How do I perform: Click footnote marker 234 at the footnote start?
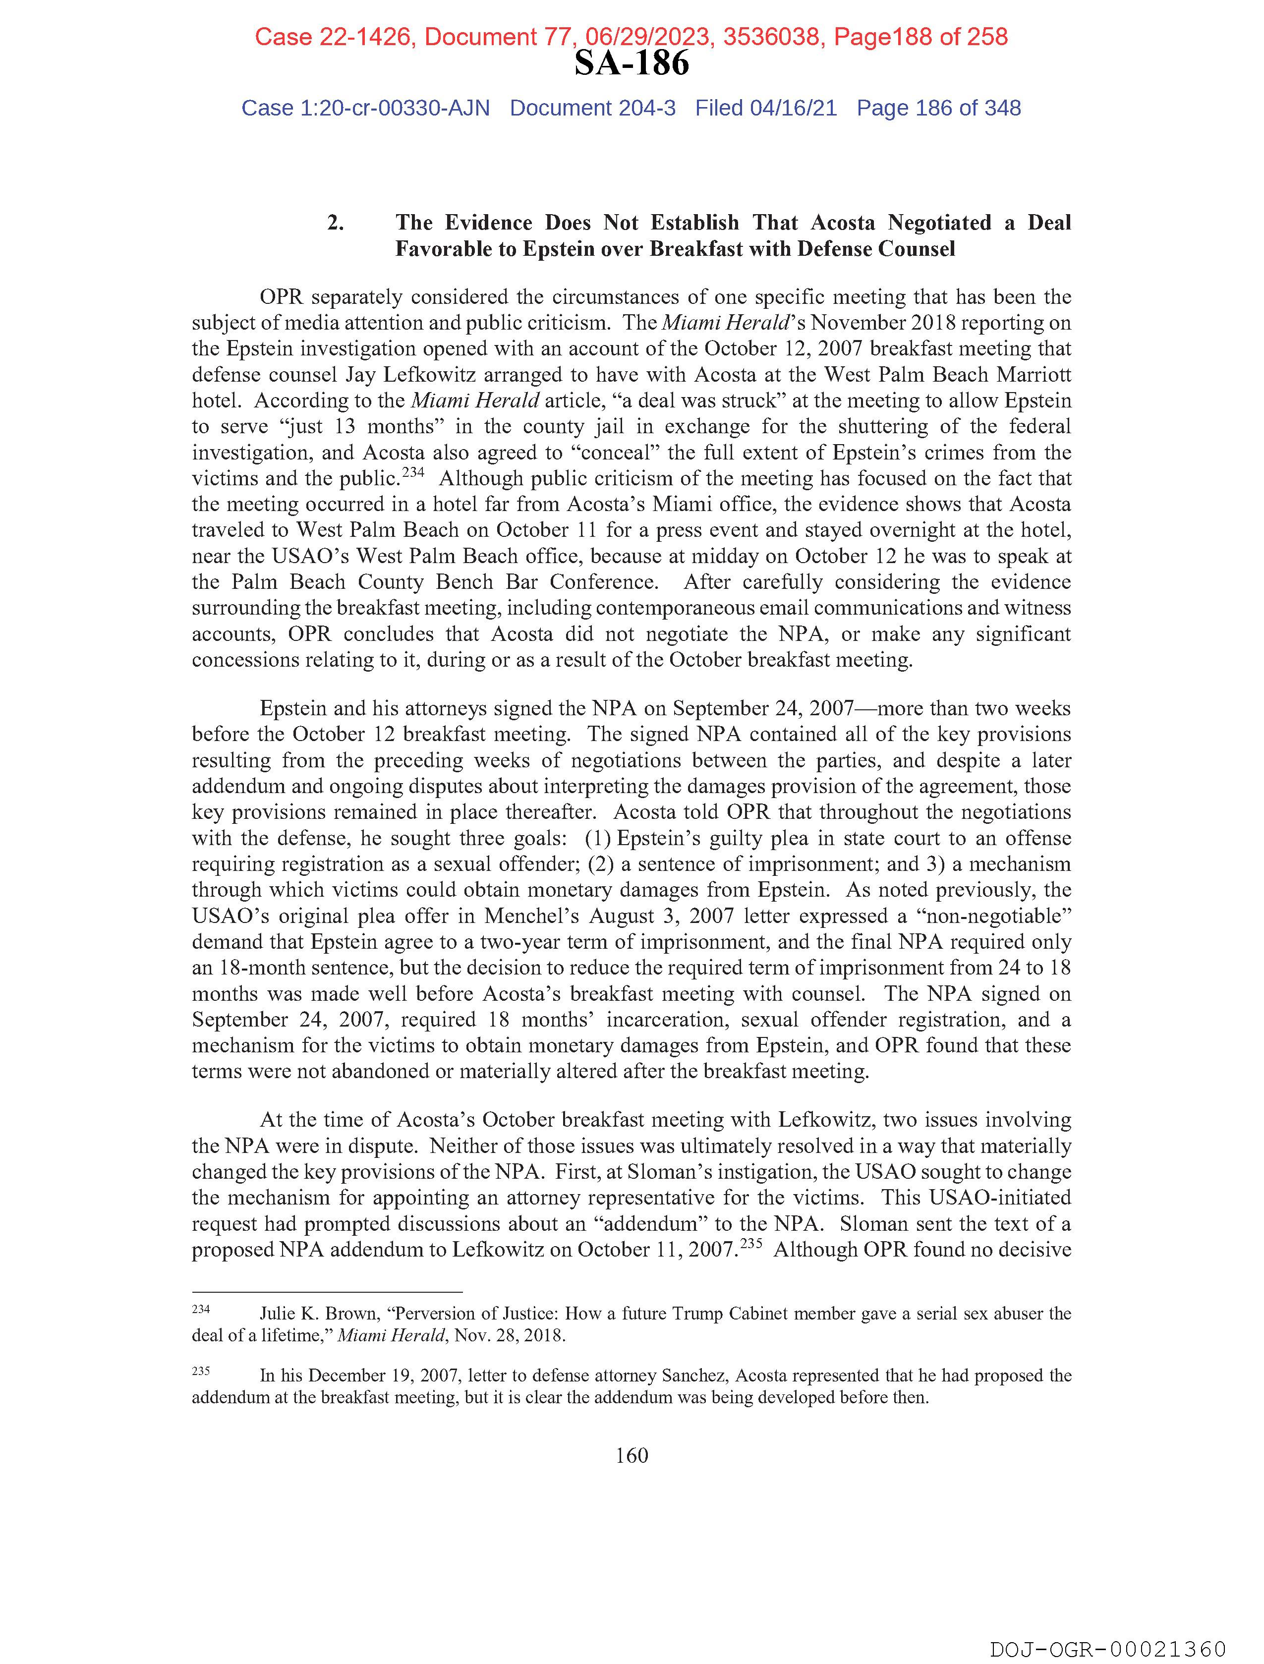pyautogui.click(x=200, y=1310)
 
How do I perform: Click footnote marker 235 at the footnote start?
pyautogui.click(x=200, y=1372)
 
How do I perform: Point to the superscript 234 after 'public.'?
pyautogui.click(x=413, y=473)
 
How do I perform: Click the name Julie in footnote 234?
pyautogui.click(x=279, y=1314)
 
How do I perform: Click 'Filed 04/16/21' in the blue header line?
pyautogui.click(x=765, y=109)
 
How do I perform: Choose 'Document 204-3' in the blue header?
pyautogui.click(x=592, y=109)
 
